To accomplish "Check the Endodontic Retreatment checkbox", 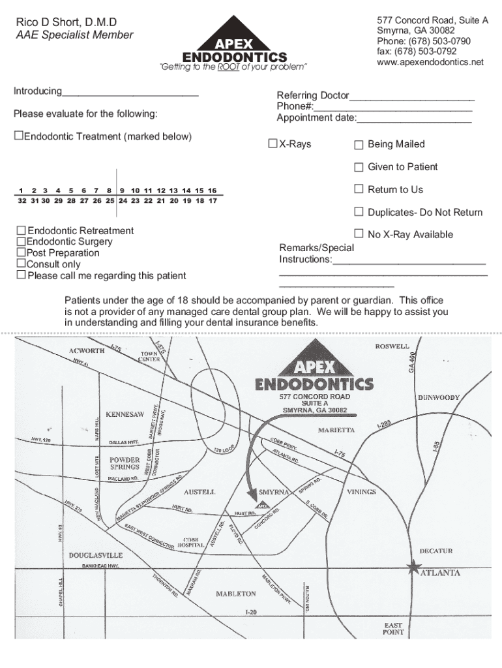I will (22, 231).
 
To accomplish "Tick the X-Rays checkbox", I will (273, 144).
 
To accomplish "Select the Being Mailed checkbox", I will (359, 145).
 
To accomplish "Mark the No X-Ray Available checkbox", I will (359, 234).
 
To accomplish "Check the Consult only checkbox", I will (22, 264).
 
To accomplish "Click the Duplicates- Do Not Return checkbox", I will (359, 211).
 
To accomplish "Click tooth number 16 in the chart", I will (212, 190).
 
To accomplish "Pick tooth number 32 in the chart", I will (22, 201).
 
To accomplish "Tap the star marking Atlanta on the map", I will (413, 568).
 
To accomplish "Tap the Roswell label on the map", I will (392, 346).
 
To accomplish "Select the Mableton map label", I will (235, 594).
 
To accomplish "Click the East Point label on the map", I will (394, 629).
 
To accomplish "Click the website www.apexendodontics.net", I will (430, 63).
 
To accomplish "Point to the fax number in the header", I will (417, 52).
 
